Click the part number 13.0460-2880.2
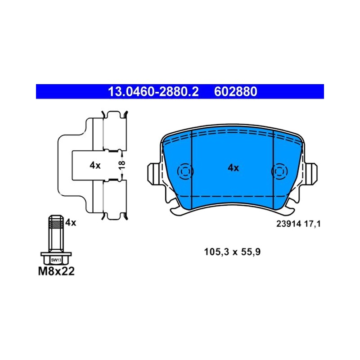153,92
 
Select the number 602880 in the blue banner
235,92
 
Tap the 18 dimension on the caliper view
122,165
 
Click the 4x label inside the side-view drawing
95,165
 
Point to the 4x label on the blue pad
233,168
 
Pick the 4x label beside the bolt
71,222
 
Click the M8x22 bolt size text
56,271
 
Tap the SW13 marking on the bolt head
56,260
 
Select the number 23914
288,224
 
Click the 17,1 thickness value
312,224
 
